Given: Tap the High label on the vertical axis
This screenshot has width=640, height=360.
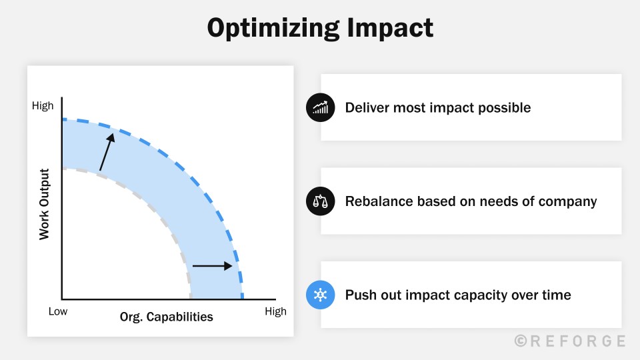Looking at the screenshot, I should pos(43,106).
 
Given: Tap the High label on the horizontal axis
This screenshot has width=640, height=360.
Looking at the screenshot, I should pos(275,311).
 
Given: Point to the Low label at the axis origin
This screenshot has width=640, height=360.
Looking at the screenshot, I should pos(58,311).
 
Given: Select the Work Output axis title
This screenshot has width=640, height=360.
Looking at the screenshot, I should pos(45,204).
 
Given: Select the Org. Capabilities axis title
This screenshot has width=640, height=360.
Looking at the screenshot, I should pos(167,317).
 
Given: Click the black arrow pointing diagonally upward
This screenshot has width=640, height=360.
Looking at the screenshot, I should pos(106,151).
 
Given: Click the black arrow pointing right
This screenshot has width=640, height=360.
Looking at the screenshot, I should pos(213,266).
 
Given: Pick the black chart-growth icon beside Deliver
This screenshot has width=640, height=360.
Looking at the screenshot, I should pos(320,107).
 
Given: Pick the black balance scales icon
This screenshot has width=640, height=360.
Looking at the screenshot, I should pos(320,201).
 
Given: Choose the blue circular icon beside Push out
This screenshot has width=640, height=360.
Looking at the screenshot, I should pos(320,295).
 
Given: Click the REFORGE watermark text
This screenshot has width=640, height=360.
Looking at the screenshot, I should pos(578,341).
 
